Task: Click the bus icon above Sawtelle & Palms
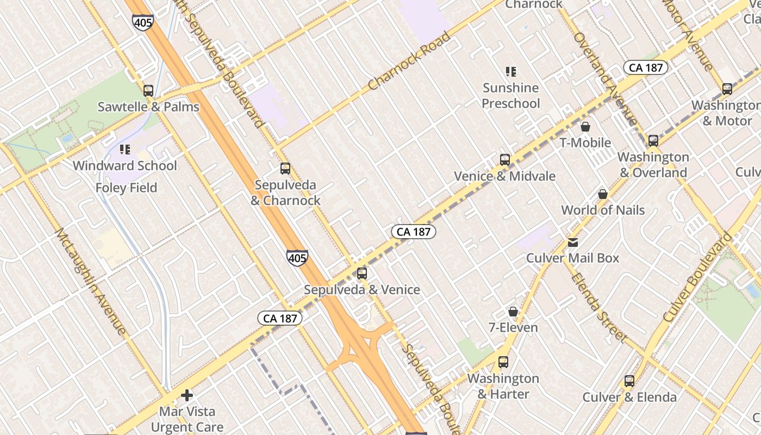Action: [x=148, y=91]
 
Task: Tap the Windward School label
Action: [x=125, y=166]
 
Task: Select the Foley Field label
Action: [x=126, y=188]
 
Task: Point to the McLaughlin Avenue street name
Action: [x=91, y=281]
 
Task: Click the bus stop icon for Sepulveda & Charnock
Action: [x=285, y=169]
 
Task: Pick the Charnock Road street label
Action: [x=409, y=61]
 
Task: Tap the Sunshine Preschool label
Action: [x=511, y=96]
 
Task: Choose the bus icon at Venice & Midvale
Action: [x=505, y=160]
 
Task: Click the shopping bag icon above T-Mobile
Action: [x=585, y=127]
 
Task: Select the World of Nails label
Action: [x=603, y=210]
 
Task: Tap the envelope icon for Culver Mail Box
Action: [x=573, y=243]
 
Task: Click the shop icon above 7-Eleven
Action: [x=513, y=312]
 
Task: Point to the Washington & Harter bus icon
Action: [x=503, y=362]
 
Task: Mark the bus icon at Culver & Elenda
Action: [x=629, y=381]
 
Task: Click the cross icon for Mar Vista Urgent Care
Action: [x=187, y=395]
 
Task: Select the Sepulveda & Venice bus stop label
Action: [x=362, y=290]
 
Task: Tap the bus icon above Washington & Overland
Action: [x=653, y=141]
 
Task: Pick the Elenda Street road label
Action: [x=598, y=307]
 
